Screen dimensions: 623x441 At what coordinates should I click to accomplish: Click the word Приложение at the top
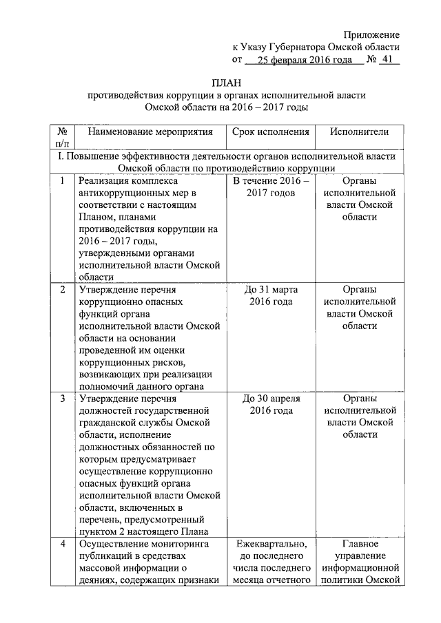[x=372, y=34]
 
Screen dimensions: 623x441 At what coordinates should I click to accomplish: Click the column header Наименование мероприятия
[x=145, y=132]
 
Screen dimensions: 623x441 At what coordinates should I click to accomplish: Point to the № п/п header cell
[x=62, y=138]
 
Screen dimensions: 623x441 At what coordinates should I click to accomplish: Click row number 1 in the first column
[x=62, y=181]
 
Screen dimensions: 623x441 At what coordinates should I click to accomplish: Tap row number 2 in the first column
[x=62, y=289]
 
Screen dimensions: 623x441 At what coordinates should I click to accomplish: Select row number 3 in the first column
[x=62, y=398]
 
